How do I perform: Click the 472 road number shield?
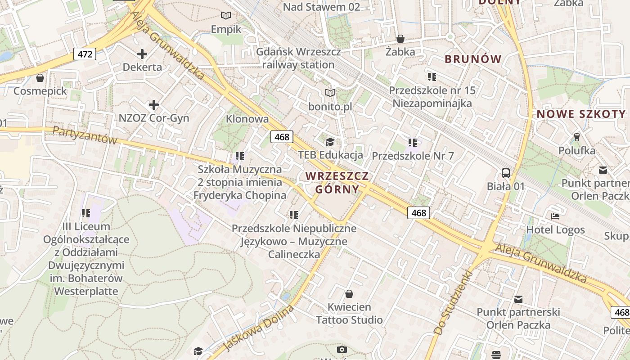(85, 54)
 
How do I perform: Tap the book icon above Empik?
(226, 16)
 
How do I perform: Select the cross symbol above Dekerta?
(142, 54)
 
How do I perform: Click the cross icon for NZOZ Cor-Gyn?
(154, 105)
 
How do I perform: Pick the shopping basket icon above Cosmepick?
(40, 78)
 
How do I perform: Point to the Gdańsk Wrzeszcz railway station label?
(298, 58)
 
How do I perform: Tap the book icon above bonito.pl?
(330, 93)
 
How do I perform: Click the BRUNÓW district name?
(473, 59)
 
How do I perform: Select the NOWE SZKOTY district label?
(581, 114)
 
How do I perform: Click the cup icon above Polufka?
(577, 137)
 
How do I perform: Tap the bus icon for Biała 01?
(506, 173)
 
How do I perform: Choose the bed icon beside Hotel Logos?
(555, 216)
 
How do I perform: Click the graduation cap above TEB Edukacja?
(330, 142)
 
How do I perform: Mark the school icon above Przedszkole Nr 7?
(413, 143)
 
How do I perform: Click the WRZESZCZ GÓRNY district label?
(337, 182)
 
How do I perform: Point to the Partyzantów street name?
(85, 135)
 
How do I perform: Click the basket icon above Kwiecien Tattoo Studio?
(349, 294)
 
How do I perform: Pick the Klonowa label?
(247, 119)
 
